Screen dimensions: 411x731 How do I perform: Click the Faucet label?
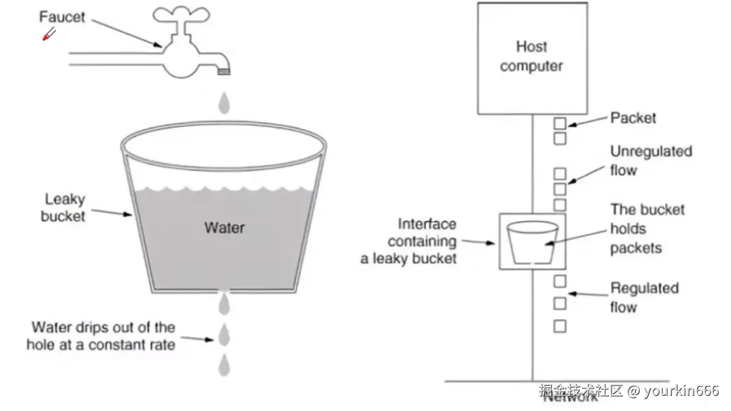pyautogui.click(x=62, y=17)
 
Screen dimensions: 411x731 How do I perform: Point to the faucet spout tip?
pyautogui.click(x=224, y=70)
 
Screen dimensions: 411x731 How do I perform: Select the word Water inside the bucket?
pyautogui.click(x=224, y=227)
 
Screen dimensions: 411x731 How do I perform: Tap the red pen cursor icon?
pyautogui.click(x=49, y=34)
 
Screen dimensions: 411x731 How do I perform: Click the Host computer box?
pyautogui.click(x=532, y=57)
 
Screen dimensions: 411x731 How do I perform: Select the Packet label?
pyautogui.click(x=634, y=118)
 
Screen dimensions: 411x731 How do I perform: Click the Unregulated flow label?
pyautogui.click(x=650, y=160)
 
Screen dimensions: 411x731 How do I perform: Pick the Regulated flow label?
pyautogui.click(x=644, y=297)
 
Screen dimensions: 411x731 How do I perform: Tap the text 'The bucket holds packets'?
pyautogui.click(x=647, y=229)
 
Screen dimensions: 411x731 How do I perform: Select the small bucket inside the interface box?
pyautogui.click(x=532, y=242)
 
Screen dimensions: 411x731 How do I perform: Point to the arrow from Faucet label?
pyautogui.click(x=126, y=33)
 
